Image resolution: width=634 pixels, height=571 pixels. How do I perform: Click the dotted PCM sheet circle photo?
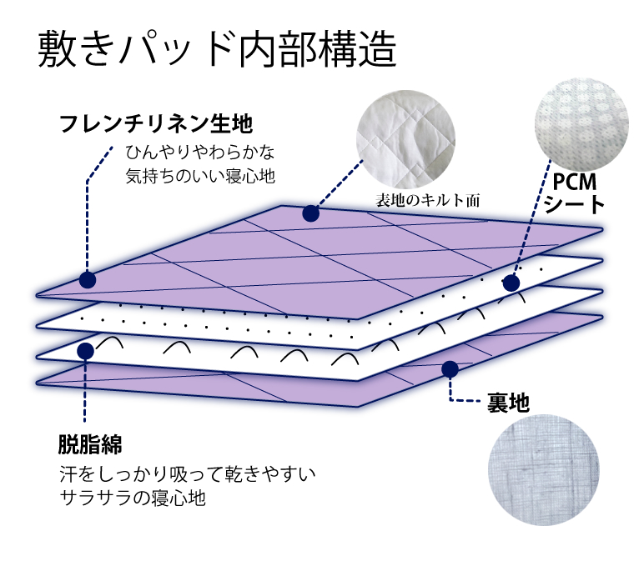pos(580,123)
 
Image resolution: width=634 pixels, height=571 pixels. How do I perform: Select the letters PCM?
pos(574,181)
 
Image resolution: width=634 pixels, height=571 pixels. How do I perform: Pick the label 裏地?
pos(508,403)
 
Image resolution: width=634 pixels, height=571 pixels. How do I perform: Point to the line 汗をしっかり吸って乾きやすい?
pos(188,474)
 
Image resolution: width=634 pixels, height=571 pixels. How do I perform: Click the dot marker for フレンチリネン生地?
pos(87,279)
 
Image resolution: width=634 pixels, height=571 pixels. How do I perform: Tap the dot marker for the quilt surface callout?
pos(310,214)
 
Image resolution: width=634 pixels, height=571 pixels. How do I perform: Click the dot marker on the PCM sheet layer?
pos(511,283)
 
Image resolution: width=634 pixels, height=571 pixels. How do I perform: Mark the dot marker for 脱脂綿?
pos(85,350)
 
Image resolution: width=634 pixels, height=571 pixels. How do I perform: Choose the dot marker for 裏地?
pos(451,367)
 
